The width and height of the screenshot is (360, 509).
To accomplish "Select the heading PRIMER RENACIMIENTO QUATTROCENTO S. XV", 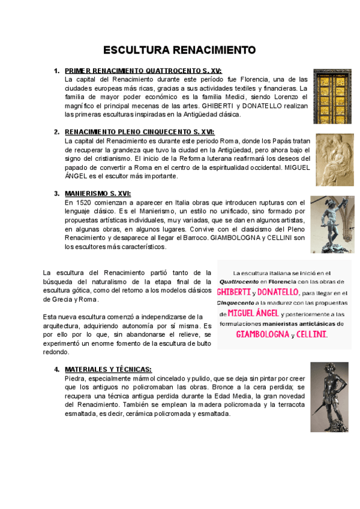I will (143, 71).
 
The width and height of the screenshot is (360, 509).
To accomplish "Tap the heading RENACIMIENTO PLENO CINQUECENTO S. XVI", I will (139, 131).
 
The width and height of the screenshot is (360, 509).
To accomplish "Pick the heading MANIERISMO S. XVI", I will (97, 193).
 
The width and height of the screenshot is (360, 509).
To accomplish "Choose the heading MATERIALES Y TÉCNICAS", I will (108, 369).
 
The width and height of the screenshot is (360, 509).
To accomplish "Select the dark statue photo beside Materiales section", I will (329, 397).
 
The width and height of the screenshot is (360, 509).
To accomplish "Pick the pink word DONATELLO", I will (278, 292).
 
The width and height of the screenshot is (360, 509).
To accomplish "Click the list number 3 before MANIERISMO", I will (57, 193).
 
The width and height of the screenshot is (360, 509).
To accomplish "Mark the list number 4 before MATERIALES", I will (57, 369).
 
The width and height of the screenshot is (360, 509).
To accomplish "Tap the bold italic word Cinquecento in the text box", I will (236, 303).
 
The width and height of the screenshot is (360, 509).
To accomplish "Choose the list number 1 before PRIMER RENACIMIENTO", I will (57, 71).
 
